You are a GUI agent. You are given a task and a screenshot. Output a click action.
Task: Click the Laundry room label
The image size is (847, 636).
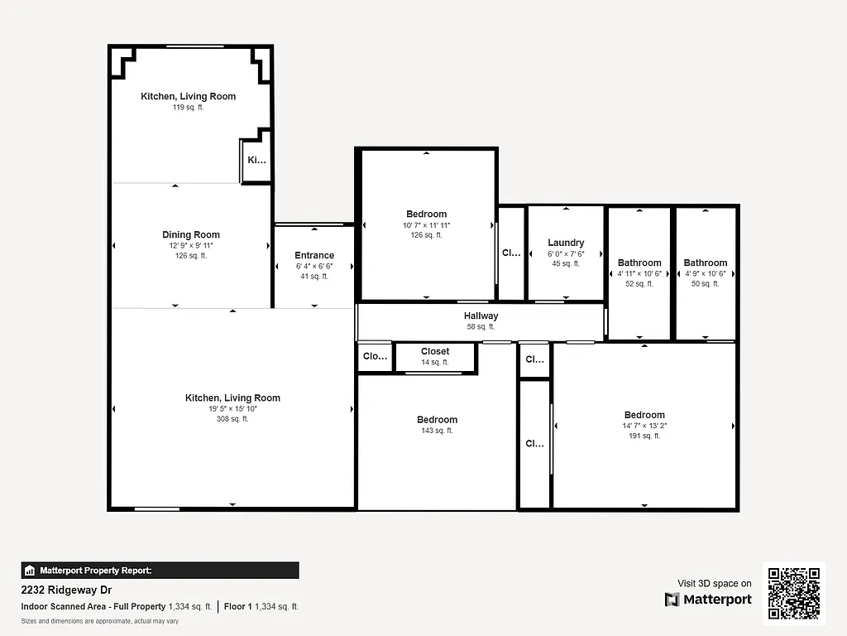point(566,243)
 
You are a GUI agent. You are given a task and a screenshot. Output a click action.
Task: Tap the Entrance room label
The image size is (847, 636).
point(314,255)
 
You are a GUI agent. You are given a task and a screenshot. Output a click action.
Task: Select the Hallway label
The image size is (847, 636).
point(481,316)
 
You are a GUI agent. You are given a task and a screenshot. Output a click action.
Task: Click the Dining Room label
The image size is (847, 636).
point(191,234)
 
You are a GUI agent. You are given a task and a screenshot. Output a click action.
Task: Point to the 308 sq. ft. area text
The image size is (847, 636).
point(232,419)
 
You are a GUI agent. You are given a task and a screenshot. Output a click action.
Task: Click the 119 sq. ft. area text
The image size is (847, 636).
point(188,108)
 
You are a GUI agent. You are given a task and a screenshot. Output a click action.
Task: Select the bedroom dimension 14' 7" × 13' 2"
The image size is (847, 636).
point(644,426)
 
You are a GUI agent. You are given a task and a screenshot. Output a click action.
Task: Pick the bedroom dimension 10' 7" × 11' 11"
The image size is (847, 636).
point(426,225)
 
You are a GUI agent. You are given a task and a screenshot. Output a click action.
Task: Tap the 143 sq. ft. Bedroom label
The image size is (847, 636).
point(437,420)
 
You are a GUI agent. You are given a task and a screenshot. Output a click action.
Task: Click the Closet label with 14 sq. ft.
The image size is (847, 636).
point(435,351)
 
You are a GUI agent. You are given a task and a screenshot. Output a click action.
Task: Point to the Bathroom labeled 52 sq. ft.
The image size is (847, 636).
point(639,263)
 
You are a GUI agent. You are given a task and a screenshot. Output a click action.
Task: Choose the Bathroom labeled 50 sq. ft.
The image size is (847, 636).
point(706,263)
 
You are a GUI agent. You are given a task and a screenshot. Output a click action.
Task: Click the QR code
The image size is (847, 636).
point(794,593)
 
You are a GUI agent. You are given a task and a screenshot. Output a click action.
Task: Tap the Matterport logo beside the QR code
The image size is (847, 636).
point(709,600)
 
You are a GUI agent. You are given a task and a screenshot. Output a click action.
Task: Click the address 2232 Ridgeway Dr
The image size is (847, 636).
point(66,590)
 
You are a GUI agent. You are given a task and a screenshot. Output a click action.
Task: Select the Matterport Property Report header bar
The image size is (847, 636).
point(160,571)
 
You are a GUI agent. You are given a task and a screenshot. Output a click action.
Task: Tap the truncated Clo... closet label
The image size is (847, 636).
point(376,356)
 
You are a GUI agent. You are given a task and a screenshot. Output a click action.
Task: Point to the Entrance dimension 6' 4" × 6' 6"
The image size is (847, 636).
point(314,267)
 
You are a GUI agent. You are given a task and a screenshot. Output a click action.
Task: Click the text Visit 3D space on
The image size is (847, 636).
point(715,584)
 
